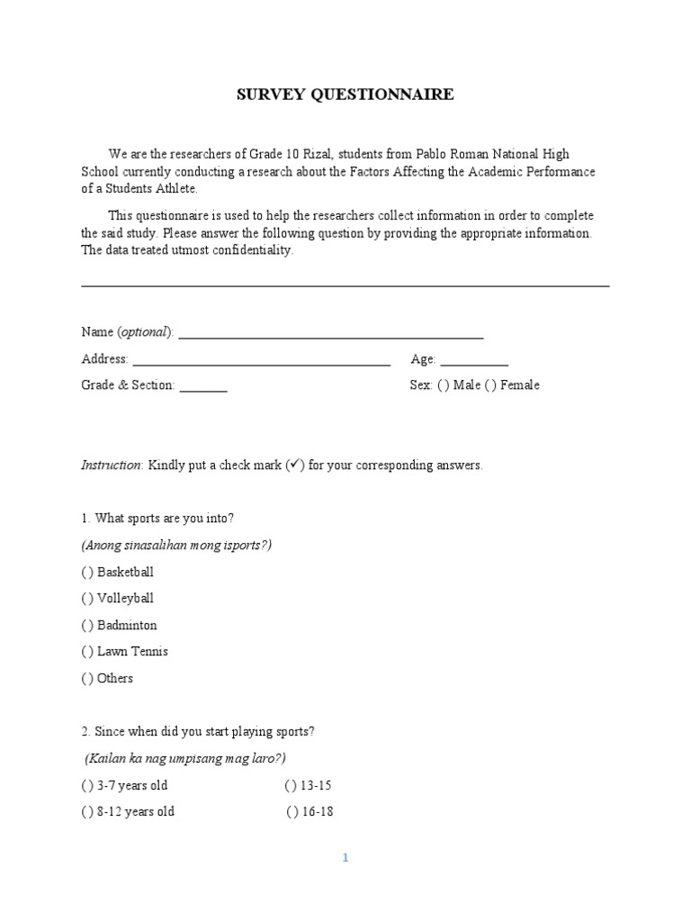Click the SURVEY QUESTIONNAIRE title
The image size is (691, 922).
345,95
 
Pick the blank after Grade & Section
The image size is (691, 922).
203,388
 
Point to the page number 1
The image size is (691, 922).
345,858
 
